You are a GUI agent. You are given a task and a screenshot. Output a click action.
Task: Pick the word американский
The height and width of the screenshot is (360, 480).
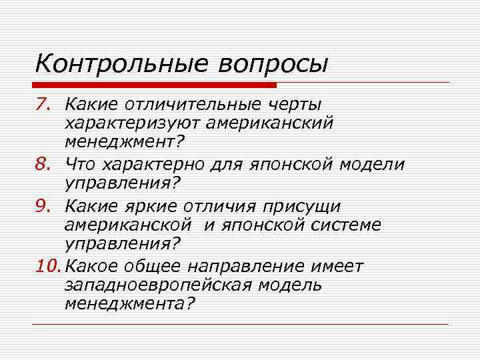click(x=278, y=123)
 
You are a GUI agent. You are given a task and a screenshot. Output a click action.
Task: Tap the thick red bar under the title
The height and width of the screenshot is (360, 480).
click(x=155, y=85)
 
